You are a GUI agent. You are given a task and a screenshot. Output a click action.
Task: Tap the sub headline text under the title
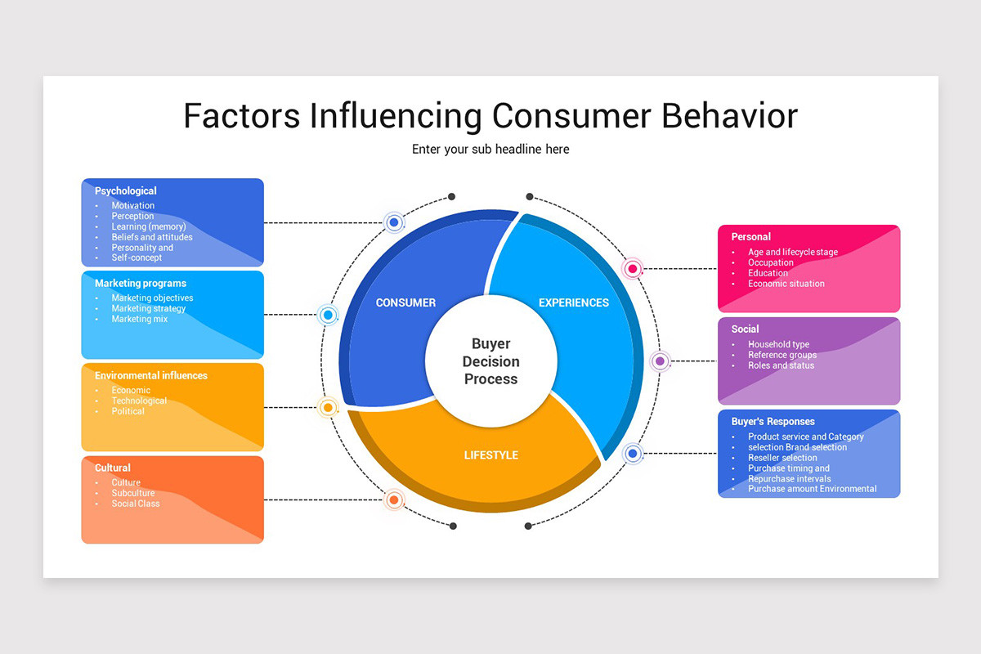[x=490, y=150]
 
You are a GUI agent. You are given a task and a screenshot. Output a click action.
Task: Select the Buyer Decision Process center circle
[x=490, y=361]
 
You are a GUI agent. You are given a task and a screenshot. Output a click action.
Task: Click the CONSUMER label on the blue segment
[x=405, y=302]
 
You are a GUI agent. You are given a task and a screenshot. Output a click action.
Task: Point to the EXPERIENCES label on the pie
[x=574, y=302]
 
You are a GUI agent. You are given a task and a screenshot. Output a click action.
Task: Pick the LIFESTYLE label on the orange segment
[x=490, y=455]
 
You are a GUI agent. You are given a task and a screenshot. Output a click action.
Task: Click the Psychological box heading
[x=126, y=191]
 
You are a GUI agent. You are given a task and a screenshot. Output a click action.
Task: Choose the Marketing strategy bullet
[x=149, y=309]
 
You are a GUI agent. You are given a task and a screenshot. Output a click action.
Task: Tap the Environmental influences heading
[x=151, y=376]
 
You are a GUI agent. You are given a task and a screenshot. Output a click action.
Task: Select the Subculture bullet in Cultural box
[x=133, y=494]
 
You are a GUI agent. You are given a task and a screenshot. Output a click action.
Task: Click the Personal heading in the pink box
[x=751, y=237]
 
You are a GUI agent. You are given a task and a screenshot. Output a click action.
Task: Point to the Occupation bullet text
[x=771, y=263]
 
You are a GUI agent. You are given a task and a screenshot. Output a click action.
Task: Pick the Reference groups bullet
[x=782, y=356]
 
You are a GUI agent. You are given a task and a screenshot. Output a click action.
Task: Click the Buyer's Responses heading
[x=773, y=422]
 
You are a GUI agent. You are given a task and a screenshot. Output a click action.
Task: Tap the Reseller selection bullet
[x=782, y=458]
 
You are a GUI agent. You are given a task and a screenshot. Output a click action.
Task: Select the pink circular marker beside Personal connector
[x=632, y=268]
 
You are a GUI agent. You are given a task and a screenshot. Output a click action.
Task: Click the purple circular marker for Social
[x=660, y=361]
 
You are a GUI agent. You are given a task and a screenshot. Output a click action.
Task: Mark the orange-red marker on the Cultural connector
[x=394, y=499]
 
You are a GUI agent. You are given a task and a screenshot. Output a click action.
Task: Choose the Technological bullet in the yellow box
[x=139, y=401]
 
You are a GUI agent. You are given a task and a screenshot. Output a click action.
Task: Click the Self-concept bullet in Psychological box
[x=137, y=258]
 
